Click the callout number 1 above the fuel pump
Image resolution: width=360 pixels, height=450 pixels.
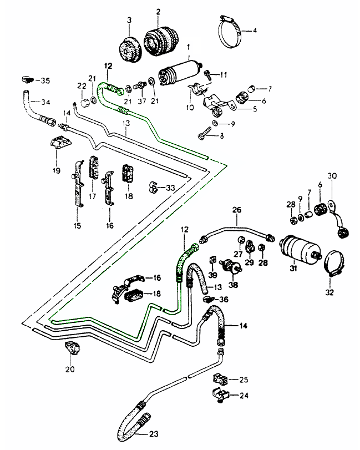(x=188, y=48)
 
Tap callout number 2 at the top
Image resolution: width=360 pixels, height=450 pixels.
(x=158, y=12)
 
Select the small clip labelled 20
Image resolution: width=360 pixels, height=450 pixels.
(x=72, y=350)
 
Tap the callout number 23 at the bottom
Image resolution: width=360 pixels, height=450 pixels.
(x=154, y=434)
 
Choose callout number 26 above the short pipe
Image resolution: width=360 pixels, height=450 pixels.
(x=237, y=210)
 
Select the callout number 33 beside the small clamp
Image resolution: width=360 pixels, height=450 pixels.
(x=170, y=188)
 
